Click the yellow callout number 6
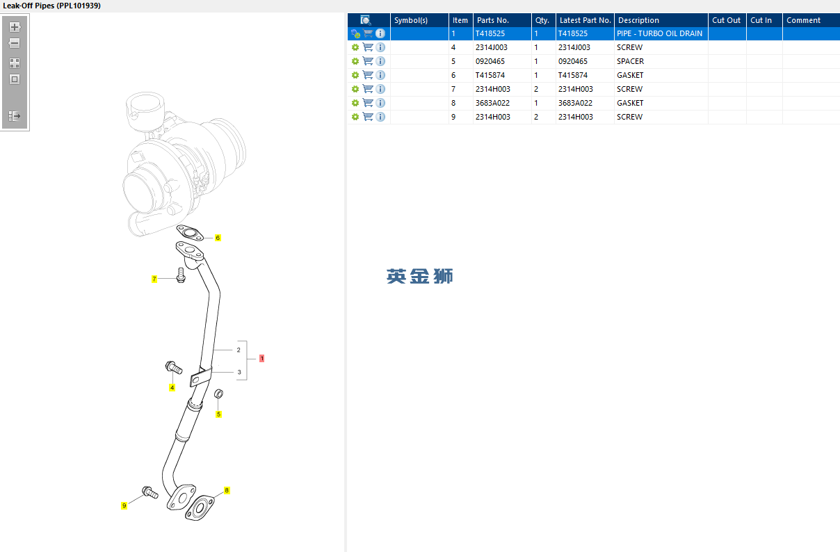pyautogui.click(x=218, y=238)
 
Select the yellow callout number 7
pyautogui.click(x=154, y=279)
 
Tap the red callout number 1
pyautogui.click(x=261, y=359)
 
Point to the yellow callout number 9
pyautogui.click(x=124, y=505)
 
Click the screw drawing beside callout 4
pyautogui.click(x=173, y=367)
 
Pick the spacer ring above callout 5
pyautogui.click(x=218, y=396)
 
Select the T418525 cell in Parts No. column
pyautogui.click(x=491, y=33)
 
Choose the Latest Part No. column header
pyautogui.click(x=585, y=20)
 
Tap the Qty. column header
pyautogui.click(x=542, y=20)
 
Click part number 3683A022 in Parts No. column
pyautogui.click(x=492, y=103)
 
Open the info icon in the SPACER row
pyautogui.click(x=380, y=61)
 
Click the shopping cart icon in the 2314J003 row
pyautogui.click(x=368, y=47)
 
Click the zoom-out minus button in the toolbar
pyautogui.click(x=15, y=43)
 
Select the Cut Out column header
pyautogui.click(x=726, y=20)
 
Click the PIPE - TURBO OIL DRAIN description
pyautogui.click(x=659, y=33)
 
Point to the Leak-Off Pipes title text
pyautogui.click(x=52, y=6)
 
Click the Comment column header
pyautogui.click(x=803, y=20)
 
